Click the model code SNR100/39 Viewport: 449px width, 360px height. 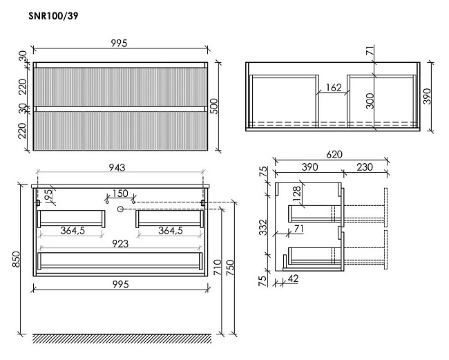53,16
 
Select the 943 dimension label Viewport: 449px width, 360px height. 117,167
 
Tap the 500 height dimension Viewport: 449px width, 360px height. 213,106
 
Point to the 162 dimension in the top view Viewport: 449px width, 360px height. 334,87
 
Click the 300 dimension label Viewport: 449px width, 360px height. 370,101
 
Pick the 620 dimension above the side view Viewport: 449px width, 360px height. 334,155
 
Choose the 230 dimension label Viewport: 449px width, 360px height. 365,167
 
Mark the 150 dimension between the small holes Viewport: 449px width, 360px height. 120,193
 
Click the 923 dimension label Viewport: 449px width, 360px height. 120,244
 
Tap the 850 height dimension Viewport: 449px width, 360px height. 16,259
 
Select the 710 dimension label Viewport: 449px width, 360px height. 218,267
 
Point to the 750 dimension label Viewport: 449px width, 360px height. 230,268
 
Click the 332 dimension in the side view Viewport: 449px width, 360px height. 263,227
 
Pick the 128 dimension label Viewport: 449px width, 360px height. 297,193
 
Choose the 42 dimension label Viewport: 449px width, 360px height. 292,278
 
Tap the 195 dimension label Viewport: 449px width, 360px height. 48,196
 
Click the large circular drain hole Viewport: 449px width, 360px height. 120,209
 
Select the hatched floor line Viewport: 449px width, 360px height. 122,339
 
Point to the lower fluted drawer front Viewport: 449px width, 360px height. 120,131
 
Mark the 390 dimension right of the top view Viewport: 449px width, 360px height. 426,97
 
